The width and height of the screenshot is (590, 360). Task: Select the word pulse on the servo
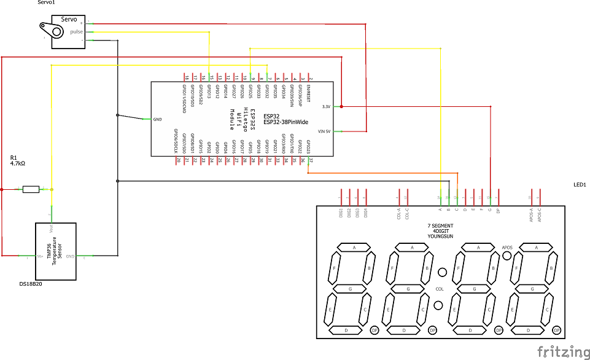tap(76, 31)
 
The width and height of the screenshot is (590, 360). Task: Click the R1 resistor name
tap(14, 157)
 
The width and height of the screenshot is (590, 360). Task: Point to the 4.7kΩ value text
tap(18, 164)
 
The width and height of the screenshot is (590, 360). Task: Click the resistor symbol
tap(31, 189)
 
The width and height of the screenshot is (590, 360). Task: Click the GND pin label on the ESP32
tap(157, 119)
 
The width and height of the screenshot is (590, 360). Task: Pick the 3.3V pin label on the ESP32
tap(326, 106)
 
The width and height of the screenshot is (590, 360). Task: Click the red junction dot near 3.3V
tap(341, 106)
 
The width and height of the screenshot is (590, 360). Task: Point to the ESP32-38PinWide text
tap(286, 122)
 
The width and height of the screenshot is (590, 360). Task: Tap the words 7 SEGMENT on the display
tap(441, 226)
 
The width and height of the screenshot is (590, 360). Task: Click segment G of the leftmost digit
tap(349, 289)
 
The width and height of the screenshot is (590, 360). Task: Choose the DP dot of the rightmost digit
tap(556, 330)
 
